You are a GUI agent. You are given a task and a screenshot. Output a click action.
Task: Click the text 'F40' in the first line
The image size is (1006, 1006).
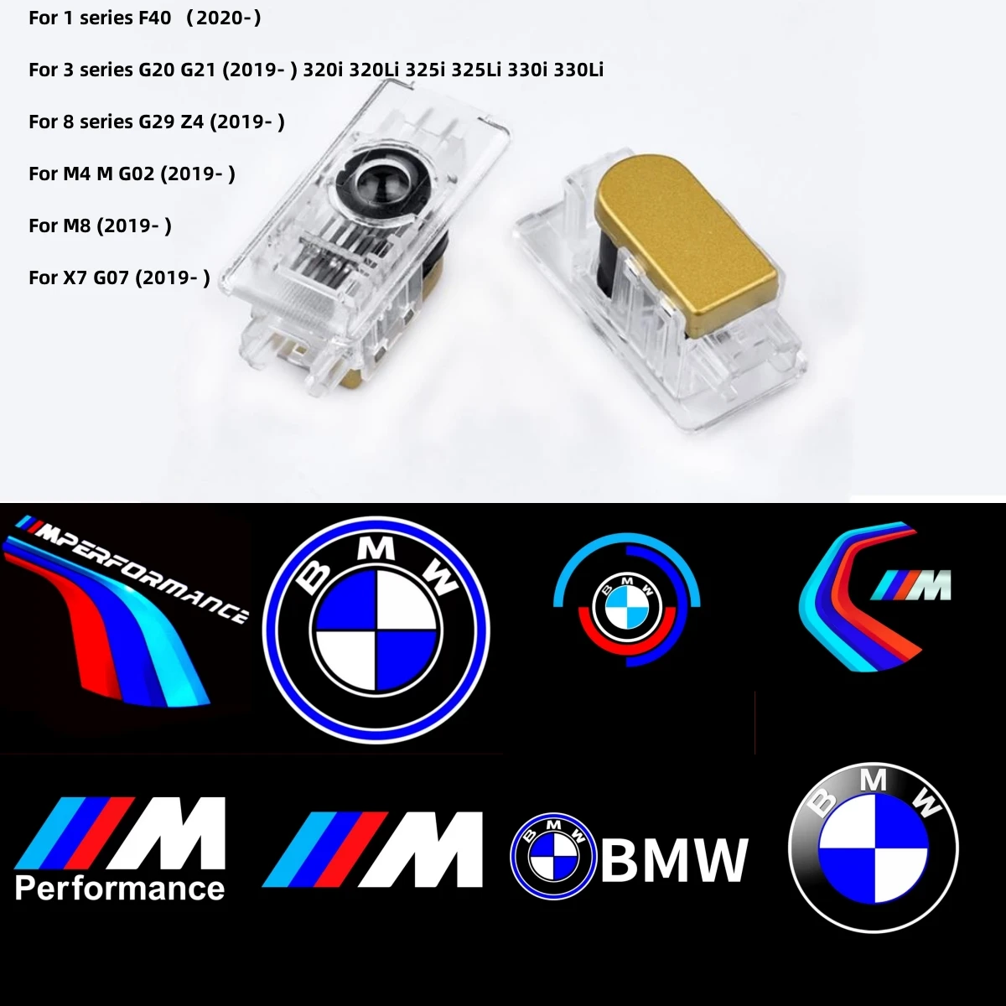[155, 18]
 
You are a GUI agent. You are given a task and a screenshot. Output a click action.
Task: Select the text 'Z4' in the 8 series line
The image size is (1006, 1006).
[192, 122]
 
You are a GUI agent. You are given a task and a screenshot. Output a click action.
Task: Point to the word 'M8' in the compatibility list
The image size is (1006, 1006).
[77, 226]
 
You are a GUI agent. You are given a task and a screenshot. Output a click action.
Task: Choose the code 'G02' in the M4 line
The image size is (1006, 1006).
[137, 174]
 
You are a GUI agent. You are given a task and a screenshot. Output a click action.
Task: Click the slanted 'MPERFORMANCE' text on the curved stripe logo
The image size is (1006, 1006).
[139, 568]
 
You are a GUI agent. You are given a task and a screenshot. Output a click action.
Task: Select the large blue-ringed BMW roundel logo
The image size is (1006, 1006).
[376, 631]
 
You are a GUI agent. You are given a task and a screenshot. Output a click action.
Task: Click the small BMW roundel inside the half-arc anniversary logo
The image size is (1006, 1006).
[627, 607]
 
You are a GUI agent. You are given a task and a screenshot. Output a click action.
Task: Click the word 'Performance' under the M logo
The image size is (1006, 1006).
[120, 889]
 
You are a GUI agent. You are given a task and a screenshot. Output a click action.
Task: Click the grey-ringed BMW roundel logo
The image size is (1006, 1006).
[874, 849]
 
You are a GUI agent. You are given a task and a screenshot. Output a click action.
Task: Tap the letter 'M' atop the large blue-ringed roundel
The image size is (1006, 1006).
[377, 547]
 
